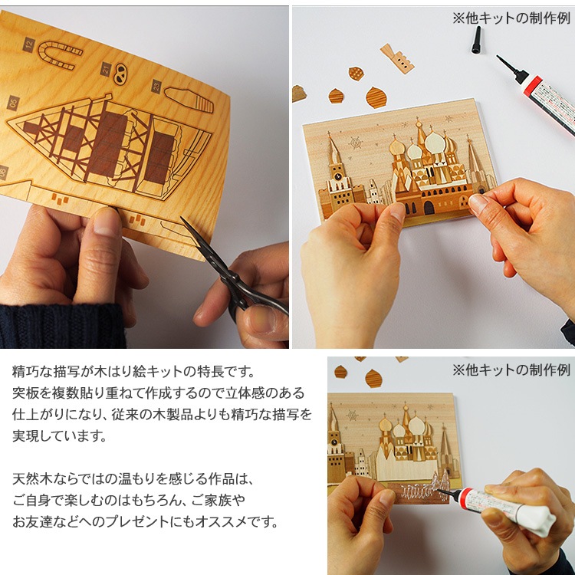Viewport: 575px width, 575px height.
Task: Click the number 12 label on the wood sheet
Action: tap(29, 44)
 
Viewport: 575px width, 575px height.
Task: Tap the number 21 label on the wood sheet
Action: tap(106, 68)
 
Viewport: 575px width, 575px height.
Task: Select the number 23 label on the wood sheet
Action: tap(155, 85)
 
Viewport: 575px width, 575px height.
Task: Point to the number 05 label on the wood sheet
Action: tap(13, 102)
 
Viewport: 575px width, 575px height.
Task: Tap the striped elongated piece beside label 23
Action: tap(189, 98)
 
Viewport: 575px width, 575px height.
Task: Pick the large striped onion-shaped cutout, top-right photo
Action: tap(376, 97)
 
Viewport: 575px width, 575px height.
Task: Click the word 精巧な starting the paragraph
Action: tap(35, 372)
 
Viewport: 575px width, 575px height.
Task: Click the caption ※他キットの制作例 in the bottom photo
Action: tap(511, 370)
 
